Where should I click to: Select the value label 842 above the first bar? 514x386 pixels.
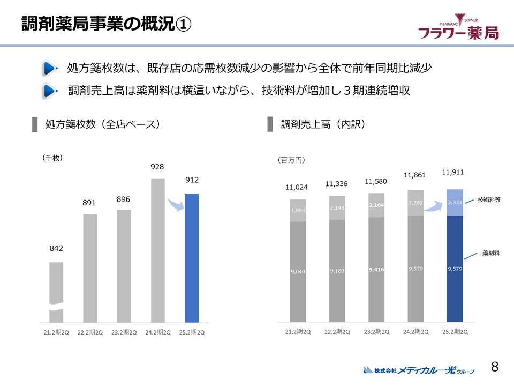[x=56, y=249]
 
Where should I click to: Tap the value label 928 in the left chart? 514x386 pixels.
[x=157, y=167]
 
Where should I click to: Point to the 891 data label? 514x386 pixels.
[x=89, y=203]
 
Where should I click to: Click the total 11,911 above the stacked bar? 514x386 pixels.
[x=452, y=173]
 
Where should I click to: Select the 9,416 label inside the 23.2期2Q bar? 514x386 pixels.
[x=376, y=270]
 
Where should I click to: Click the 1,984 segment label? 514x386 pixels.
[x=298, y=210]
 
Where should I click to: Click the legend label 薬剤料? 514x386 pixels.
[x=491, y=252]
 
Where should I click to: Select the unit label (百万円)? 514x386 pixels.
[x=291, y=160]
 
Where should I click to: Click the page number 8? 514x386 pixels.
[x=495, y=367]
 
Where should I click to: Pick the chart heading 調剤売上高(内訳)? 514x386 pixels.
[x=323, y=124]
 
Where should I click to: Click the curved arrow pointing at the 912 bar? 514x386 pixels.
[x=176, y=205]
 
